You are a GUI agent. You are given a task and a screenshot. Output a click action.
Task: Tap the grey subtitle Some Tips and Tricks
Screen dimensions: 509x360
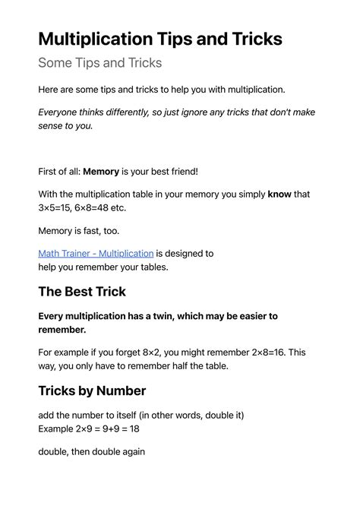99,63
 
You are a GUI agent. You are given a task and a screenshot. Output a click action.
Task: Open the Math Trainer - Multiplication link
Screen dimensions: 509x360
96,253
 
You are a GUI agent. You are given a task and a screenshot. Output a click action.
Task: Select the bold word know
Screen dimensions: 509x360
279,194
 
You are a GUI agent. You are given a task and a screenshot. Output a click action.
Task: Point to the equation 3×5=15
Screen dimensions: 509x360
58,207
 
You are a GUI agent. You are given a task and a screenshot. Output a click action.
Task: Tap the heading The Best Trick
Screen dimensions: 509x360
82,291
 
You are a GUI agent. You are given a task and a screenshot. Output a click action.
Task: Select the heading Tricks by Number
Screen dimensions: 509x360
92,390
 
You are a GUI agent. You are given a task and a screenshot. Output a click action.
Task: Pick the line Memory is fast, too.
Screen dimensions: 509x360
79,230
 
